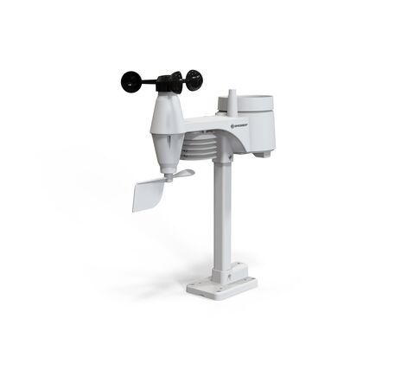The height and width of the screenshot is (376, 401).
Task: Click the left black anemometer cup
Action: [x=131, y=81]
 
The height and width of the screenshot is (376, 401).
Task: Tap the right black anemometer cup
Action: [x=194, y=80]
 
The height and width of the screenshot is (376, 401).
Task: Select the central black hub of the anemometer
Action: [x=170, y=82]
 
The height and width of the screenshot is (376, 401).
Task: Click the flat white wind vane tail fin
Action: [x=148, y=194]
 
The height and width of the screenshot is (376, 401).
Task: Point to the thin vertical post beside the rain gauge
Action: [x=233, y=100]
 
